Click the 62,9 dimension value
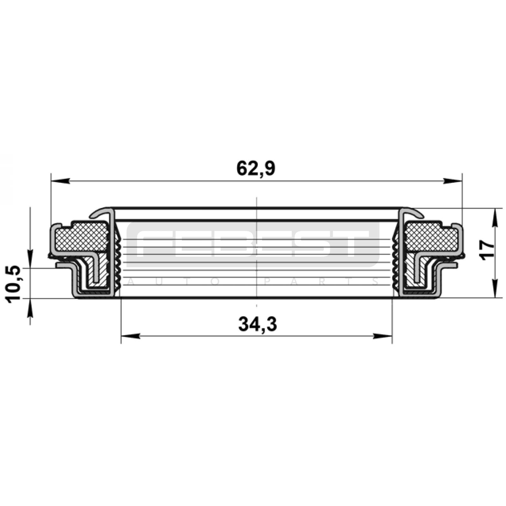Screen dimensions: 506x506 (x=256, y=169)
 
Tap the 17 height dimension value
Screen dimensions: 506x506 (x=487, y=250)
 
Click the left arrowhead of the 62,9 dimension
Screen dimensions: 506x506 (x=60, y=181)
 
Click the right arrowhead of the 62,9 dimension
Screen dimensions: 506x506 (x=453, y=181)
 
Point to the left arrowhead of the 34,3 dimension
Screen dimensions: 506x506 (x=130, y=336)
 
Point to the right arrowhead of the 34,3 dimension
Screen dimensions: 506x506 (x=383, y=336)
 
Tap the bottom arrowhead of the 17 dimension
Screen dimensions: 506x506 (x=495, y=288)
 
